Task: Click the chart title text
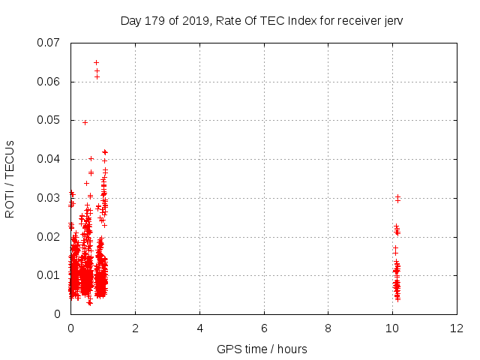pyautogui.click(x=261, y=20)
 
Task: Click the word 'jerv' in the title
pyautogui.click(x=391, y=20)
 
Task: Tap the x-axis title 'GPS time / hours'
pyautogui.click(x=262, y=349)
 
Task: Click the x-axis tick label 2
pyautogui.click(x=135, y=328)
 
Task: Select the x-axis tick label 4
pyautogui.click(x=199, y=328)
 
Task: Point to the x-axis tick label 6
pyautogui.click(x=264, y=328)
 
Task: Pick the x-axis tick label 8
pyautogui.click(x=328, y=328)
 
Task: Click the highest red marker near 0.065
pyautogui.click(x=96, y=62)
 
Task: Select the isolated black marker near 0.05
pyautogui.click(x=85, y=122)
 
